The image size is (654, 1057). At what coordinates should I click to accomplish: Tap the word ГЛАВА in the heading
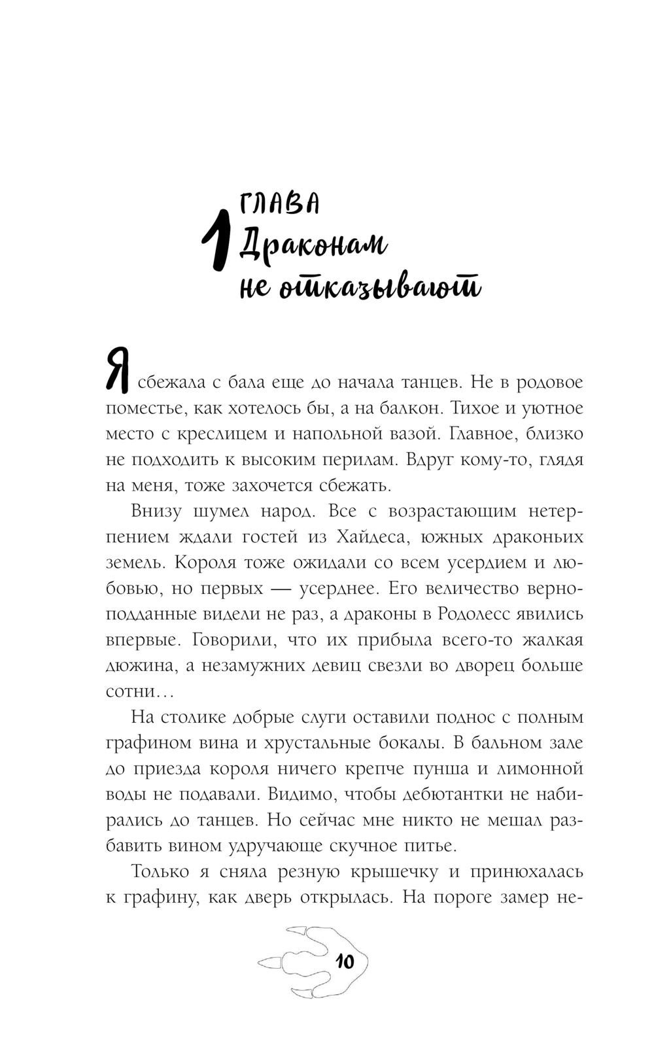[279, 205]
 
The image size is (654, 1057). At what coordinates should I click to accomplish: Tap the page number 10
[344, 961]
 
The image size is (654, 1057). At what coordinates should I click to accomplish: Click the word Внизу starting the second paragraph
[156, 511]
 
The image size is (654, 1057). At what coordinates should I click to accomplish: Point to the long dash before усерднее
[270, 589]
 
